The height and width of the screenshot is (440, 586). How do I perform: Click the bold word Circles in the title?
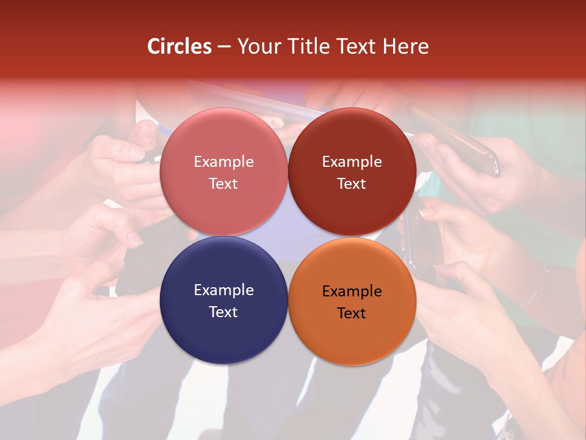click(x=179, y=46)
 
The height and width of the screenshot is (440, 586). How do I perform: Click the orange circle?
click(x=352, y=333)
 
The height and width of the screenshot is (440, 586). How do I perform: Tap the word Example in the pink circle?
click(x=223, y=161)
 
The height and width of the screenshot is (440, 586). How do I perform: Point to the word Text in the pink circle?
click(x=223, y=183)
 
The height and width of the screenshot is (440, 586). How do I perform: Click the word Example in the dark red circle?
click(x=352, y=161)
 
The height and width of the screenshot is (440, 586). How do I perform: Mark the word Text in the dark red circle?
click(x=352, y=183)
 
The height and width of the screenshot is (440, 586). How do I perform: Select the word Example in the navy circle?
click(x=223, y=290)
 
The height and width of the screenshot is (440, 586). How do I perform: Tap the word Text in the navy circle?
click(x=223, y=312)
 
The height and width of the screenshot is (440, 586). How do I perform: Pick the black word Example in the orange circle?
click(x=352, y=291)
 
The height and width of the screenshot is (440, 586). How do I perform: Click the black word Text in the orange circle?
click(x=352, y=313)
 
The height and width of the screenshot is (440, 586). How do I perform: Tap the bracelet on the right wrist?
click(x=537, y=293)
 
